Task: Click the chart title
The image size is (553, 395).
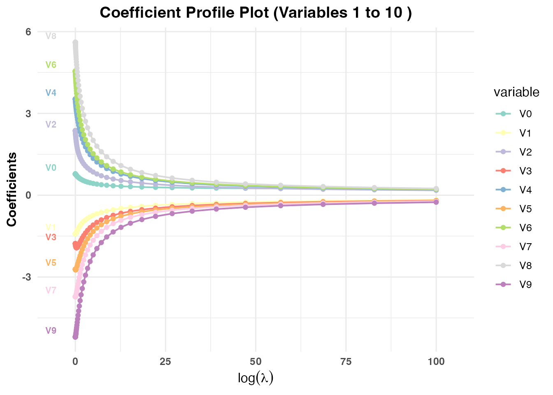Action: click(256, 13)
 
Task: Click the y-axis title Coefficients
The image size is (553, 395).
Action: click(12, 189)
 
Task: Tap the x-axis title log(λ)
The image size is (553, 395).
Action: click(256, 377)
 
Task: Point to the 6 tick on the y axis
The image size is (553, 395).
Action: click(28, 32)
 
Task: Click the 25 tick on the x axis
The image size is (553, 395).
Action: click(165, 362)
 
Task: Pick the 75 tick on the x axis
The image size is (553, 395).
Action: click(346, 362)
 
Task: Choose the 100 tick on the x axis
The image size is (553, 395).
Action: click(436, 362)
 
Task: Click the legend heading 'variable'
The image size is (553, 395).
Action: click(516, 92)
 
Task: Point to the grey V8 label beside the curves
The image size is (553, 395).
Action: click(51, 36)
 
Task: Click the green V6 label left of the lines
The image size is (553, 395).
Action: click(51, 65)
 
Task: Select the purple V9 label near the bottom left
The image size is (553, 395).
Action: click(51, 330)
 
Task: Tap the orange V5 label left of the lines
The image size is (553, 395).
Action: click(51, 263)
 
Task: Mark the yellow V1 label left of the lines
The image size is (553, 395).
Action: click(51, 227)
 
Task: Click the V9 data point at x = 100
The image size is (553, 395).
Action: click(436, 202)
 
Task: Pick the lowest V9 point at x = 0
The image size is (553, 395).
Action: click(75, 337)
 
